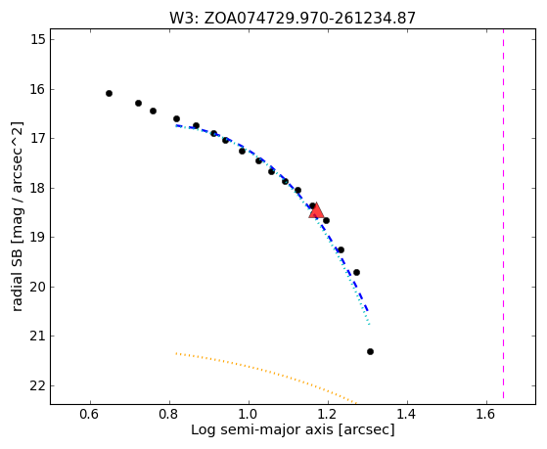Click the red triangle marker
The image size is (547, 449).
pyautogui.click(x=316, y=210)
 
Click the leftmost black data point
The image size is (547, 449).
pyautogui.click(x=109, y=94)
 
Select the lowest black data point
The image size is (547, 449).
pyautogui.click(x=370, y=351)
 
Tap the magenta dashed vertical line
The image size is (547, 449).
pyautogui.click(x=503, y=213)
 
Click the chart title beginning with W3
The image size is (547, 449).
pyautogui.click(x=293, y=18)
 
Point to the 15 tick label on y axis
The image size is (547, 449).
pyautogui.click(x=38, y=39)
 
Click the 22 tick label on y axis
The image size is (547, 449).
pyautogui.click(x=38, y=385)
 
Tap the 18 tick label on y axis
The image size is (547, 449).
pyautogui.click(x=38, y=188)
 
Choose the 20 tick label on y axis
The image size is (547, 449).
pyautogui.click(x=38, y=288)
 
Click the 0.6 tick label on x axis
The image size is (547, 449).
pyautogui.click(x=90, y=414)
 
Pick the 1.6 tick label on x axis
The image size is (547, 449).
pyautogui.click(x=486, y=414)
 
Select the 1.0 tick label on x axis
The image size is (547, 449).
pyautogui.click(x=249, y=414)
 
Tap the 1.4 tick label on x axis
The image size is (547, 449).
pyautogui.click(x=407, y=414)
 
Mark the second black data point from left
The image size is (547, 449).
pyautogui.click(x=138, y=104)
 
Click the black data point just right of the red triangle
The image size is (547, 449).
pyautogui.click(x=326, y=220)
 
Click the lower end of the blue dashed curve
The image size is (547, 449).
pyautogui.click(x=367, y=310)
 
